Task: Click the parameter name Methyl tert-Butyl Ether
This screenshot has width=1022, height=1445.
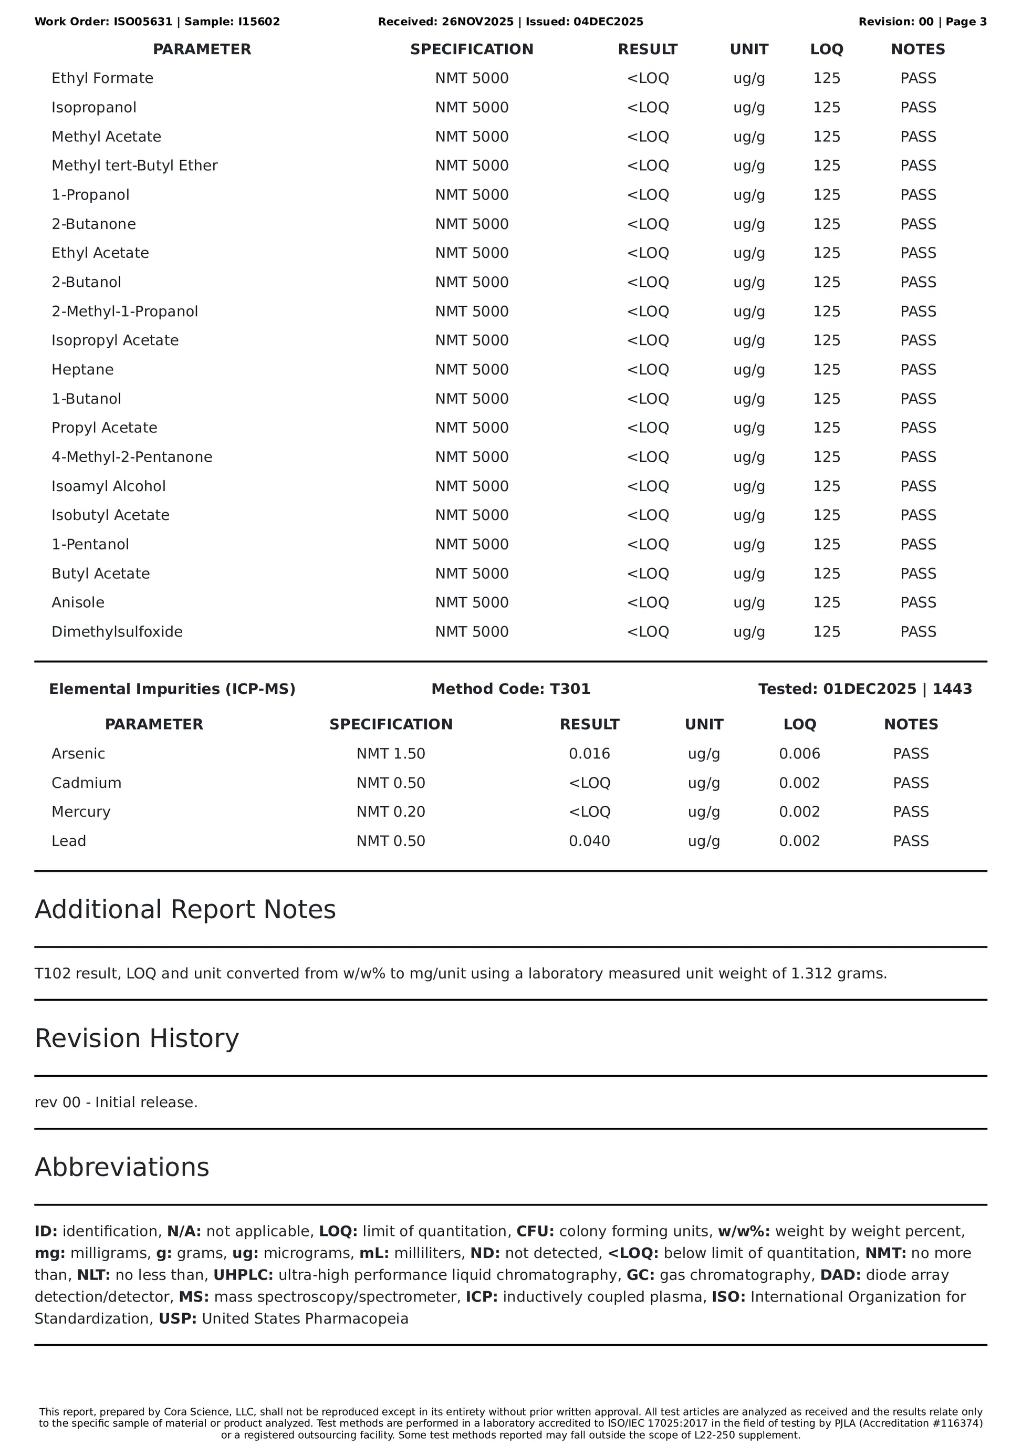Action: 134,165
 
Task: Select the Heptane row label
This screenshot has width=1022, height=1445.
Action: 82,369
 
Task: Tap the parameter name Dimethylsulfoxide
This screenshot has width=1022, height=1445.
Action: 117,631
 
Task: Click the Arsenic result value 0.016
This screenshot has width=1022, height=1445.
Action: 589,753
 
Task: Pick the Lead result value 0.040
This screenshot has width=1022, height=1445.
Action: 589,841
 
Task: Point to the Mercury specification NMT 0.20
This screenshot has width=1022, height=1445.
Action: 391,812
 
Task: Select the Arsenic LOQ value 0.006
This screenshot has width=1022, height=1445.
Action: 799,753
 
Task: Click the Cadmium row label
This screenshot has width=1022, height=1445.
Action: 86,783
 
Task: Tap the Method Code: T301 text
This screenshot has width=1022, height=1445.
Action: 510,689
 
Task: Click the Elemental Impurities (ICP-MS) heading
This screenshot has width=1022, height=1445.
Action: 172,689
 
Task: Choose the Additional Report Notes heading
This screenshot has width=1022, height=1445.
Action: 185,910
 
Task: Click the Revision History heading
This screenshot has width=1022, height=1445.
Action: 137,1038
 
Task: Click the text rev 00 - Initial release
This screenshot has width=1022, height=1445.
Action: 116,1102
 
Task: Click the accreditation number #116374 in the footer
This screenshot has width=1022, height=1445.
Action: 955,1423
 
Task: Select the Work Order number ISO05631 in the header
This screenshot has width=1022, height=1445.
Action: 143,22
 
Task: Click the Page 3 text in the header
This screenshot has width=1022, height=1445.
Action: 966,22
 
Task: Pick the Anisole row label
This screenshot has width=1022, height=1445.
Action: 78,602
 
